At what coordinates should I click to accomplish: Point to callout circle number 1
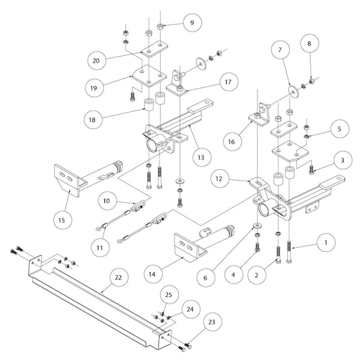tap(326, 242)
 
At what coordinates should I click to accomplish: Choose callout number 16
tap(231, 142)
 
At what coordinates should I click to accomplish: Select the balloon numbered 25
tap(168, 294)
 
